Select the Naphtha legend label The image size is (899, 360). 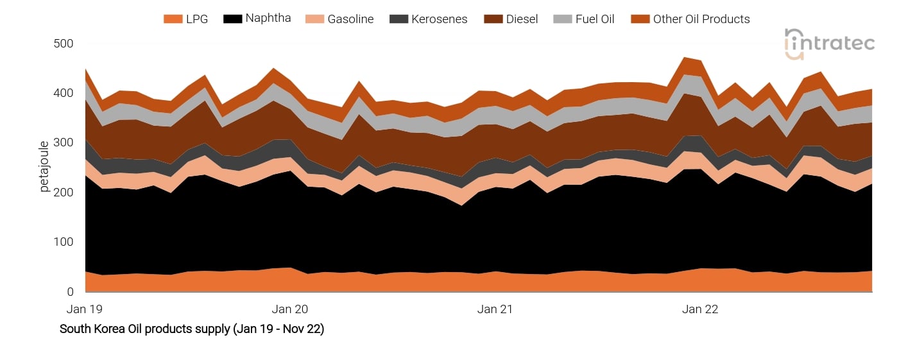pos(268,19)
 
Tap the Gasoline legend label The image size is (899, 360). pos(350,19)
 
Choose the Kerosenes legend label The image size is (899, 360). pos(440,19)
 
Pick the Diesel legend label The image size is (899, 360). pos(522,19)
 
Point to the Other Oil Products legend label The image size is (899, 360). pos(701,19)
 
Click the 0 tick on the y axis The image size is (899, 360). pos(71,292)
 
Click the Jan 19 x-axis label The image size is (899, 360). pos(85,309)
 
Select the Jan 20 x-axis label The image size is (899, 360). pos(289,309)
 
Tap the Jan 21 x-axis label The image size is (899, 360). pos(495,309)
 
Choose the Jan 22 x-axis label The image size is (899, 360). pos(700,309)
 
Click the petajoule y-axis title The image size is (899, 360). pos(44,167)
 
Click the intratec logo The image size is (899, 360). pos(829,44)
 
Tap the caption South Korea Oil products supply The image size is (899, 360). pos(192,329)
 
